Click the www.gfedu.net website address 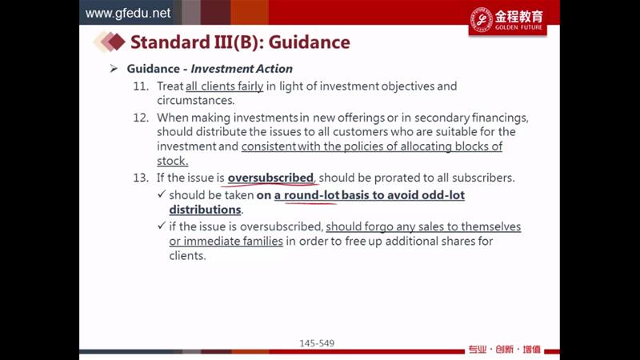click(x=128, y=13)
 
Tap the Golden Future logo click(x=507, y=20)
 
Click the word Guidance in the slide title click(x=309, y=42)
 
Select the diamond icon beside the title click(x=109, y=42)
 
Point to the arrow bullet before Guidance click(x=114, y=69)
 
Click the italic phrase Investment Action click(x=242, y=69)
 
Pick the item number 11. click(x=141, y=86)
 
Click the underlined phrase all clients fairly click(x=225, y=86)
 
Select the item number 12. click(x=141, y=118)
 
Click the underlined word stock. click(x=172, y=161)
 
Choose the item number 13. click(x=141, y=178)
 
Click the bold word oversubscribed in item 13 click(x=270, y=178)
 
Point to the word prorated click(x=396, y=178)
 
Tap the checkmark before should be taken click(x=162, y=194)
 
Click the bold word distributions click(x=205, y=210)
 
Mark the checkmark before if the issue click(x=162, y=226)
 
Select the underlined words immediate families click(x=233, y=242)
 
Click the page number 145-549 click(x=317, y=343)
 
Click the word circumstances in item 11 click(x=195, y=101)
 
